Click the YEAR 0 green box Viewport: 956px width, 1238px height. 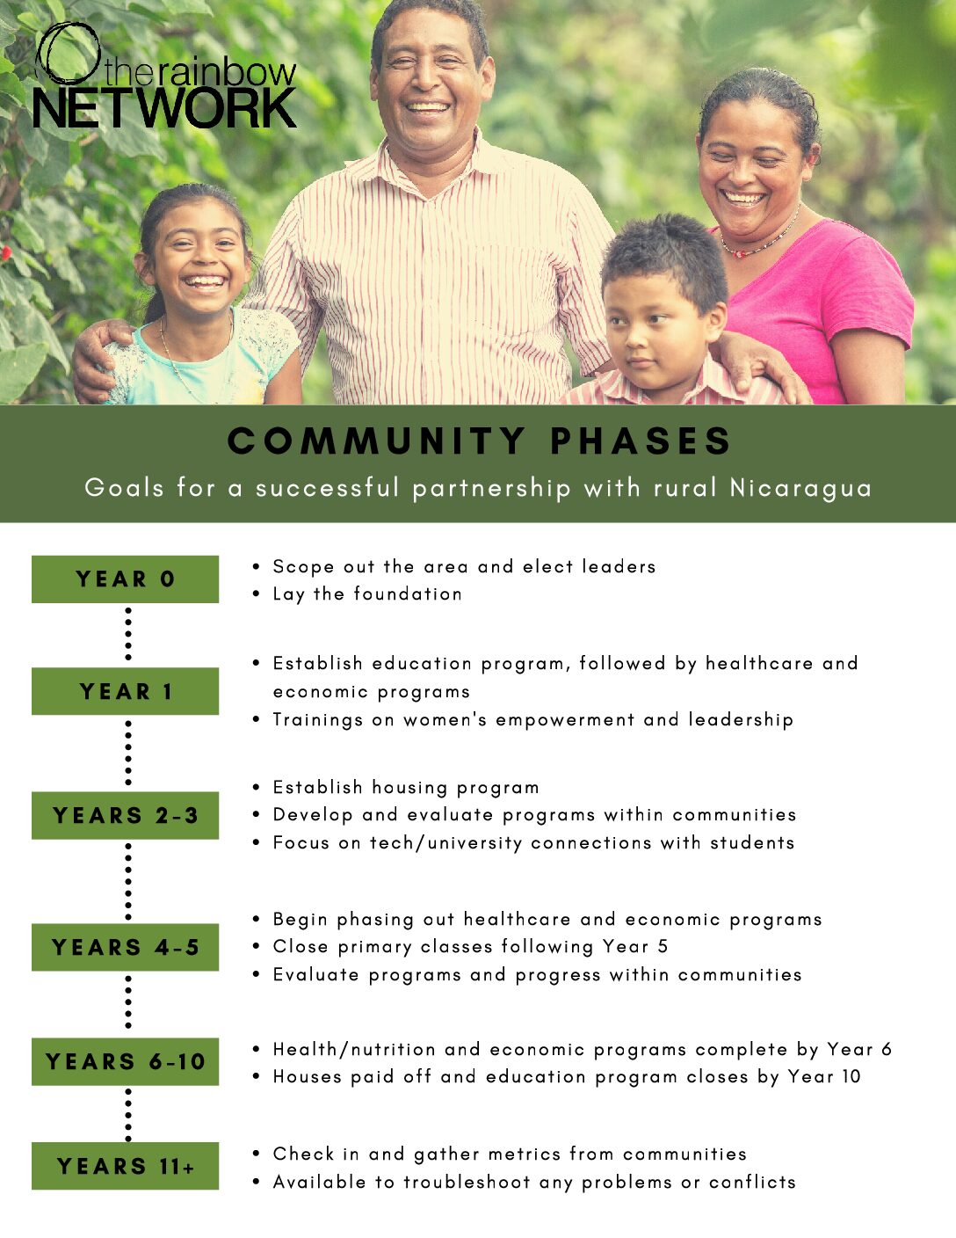click(126, 579)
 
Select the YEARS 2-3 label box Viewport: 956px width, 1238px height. click(126, 815)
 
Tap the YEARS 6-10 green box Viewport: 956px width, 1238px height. click(126, 1062)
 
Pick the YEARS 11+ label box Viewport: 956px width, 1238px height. click(126, 1166)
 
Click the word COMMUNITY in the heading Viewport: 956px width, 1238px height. click(376, 441)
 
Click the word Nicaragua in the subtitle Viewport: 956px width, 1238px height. click(800, 489)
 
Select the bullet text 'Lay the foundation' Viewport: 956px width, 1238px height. click(367, 594)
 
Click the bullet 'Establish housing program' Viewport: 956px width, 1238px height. click(406, 787)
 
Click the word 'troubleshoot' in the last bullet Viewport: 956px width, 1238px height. click(467, 1183)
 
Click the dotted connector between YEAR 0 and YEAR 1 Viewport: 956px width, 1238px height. click(128, 634)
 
